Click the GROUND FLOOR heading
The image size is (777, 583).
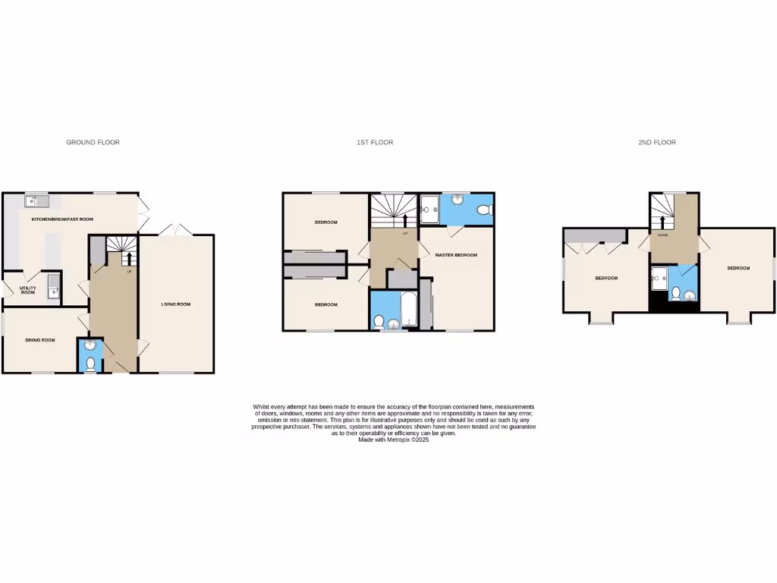click(93, 143)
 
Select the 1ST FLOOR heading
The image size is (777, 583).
click(375, 143)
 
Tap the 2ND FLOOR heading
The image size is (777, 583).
click(657, 143)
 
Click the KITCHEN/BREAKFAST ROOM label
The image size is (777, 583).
click(61, 219)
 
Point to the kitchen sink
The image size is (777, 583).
click(36, 201)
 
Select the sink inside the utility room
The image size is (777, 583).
click(53, 288)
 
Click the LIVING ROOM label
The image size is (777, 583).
click(175, 304)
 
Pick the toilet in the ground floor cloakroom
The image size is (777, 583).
click(90, 364)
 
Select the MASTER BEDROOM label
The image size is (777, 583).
click(456, 255)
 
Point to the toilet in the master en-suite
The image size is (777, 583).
click(484, 210)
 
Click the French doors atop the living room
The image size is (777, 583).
click(176, 229)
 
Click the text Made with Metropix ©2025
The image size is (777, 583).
click(393, 440)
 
